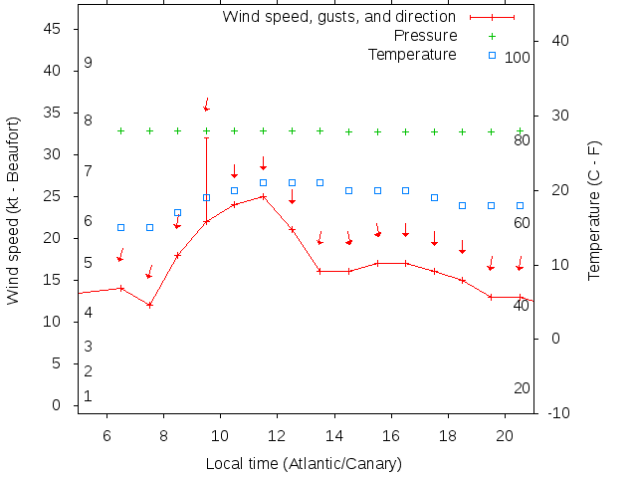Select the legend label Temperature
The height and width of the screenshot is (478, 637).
pos(412,55)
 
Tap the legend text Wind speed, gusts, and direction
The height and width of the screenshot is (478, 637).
pos(338,17)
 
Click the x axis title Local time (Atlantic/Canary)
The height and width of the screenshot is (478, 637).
pos(304,464)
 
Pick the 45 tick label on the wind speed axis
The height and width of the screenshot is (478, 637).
pos(55,30)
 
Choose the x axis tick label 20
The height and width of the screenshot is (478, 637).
pos(505,434)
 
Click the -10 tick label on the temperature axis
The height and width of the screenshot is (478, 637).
pos(558,413)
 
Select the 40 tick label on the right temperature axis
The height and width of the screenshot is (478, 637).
pos(559,41)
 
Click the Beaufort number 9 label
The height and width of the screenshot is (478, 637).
pos(88,63)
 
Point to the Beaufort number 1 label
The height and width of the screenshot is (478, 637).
pos(88,396)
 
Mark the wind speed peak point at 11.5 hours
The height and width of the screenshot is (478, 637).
pos(264,196)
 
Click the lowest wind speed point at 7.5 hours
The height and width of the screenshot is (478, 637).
pos(149,305)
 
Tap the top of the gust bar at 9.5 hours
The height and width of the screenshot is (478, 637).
pos(207,137)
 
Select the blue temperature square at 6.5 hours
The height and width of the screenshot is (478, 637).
pos(121,228)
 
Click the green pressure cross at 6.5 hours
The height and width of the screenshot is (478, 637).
pos(121,130)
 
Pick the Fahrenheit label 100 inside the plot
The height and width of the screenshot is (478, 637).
pos(518,58)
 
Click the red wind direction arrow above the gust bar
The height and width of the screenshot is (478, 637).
pos(207,104)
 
